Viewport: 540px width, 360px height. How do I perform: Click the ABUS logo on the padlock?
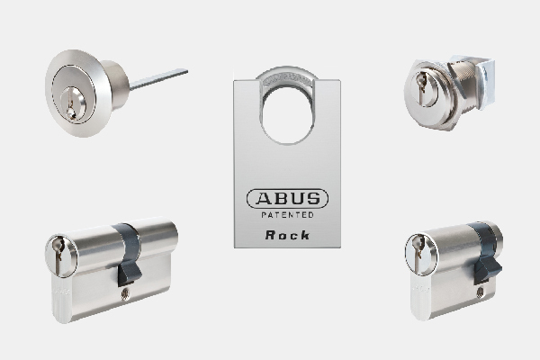288,198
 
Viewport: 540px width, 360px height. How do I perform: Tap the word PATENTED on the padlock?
288,215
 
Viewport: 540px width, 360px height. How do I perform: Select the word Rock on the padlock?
288,235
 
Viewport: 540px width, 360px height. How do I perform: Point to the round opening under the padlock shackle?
287,119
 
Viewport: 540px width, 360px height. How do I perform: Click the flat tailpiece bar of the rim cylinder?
158,79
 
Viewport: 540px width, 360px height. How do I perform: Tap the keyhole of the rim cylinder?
70,103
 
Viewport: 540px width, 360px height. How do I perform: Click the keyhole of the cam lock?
421,88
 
